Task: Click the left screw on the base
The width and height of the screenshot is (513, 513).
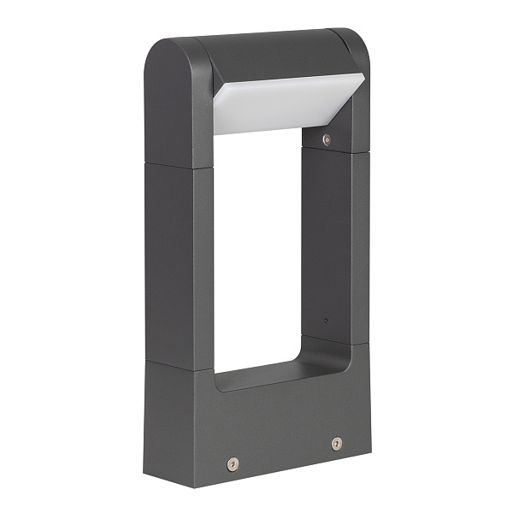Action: (232, 463)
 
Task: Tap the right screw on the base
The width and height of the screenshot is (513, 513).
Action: (336, 444)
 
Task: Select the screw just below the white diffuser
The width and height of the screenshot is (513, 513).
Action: (326, 139)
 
